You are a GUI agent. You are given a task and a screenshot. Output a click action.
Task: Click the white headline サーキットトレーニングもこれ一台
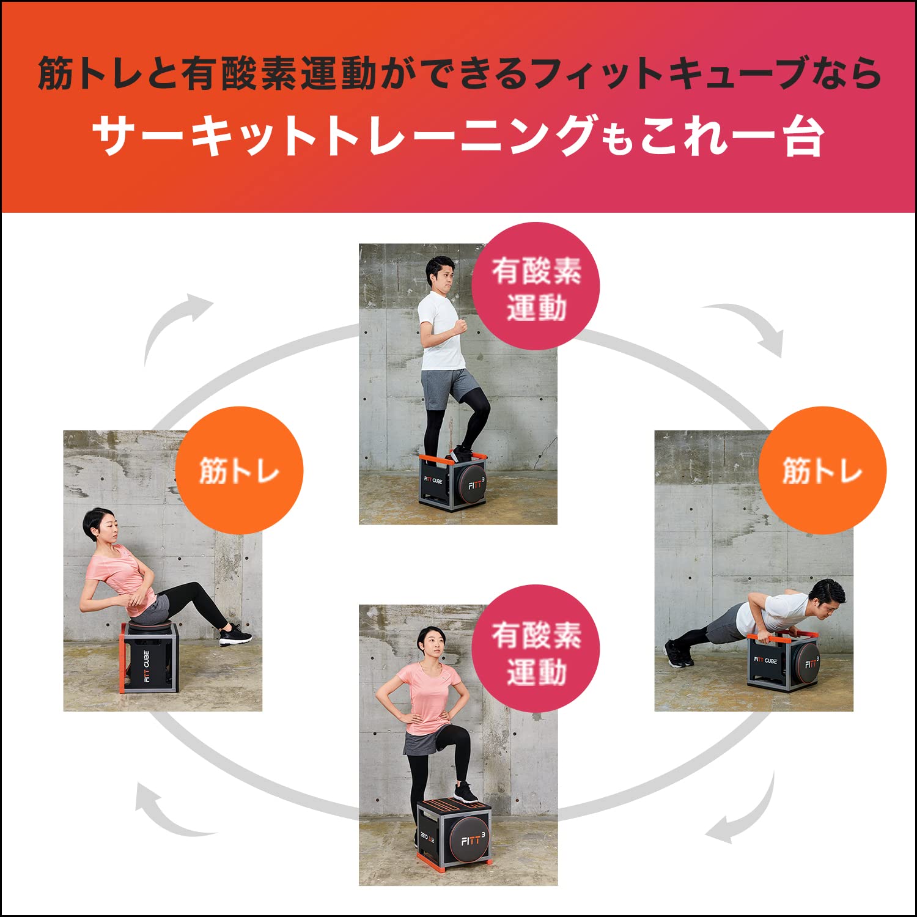click(x=458, y=136)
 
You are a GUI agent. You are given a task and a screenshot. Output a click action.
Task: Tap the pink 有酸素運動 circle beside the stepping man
click(x=536, y=287)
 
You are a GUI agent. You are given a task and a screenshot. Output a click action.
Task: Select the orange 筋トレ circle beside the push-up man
click(x=822, y=471)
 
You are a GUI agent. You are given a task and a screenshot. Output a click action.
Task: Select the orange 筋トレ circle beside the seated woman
click(x=239, y=471)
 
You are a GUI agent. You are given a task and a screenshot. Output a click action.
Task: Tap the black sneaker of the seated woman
click(x=235, y=635)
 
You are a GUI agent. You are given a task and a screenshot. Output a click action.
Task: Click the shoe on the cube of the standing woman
click(x=466, y=792)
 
